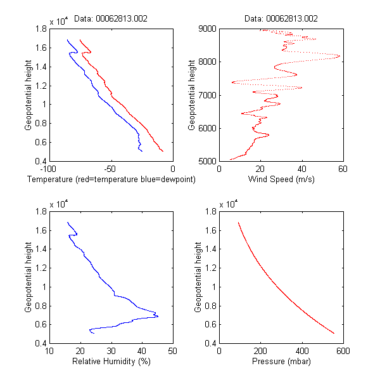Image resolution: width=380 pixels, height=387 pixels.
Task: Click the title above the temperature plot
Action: [x=111, y=19]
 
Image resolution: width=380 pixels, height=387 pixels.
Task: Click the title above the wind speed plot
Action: [x=281, y=19]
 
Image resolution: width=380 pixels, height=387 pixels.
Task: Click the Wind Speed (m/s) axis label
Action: [x=281, y=180]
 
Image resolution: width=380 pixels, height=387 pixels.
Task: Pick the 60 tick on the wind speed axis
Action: [x=343, y=169]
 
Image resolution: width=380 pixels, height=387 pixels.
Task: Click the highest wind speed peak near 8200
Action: [x=339, y=56]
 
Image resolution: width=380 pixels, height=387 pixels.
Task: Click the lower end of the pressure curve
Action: [x=334, y=332]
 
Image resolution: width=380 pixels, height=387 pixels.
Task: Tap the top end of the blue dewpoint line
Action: [x=67, y=40]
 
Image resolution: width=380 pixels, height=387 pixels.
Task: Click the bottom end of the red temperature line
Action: [x=163, y=151]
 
